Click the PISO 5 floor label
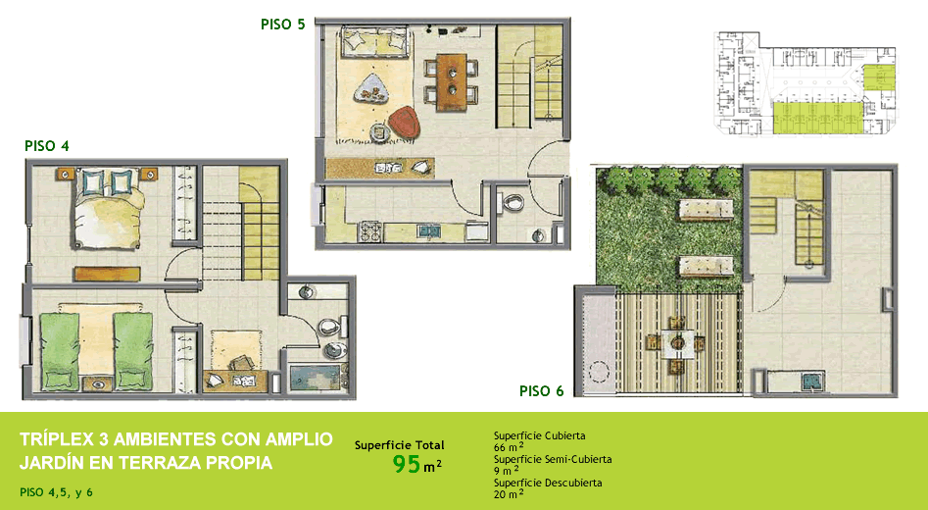[x=283, y=25]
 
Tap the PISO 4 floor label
[x=47, y=146]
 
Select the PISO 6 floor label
[x=542, y=391]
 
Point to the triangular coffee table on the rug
[x=371, y=90]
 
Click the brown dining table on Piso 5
[x=452, y=82]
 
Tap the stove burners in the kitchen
[x=370, y=231]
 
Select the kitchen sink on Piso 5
[x=427, y=230]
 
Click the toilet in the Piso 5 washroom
[x=513, y=204]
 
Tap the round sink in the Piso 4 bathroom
[x=306, y=292]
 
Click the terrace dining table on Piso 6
[x=676, y=343]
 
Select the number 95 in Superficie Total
[x=407, y=465]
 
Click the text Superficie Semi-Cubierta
[x=553, y=459]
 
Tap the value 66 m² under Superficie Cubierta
[x=509, y=447]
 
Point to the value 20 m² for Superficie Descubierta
[x=509, y=493]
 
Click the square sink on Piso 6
[x=812, y=381]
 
